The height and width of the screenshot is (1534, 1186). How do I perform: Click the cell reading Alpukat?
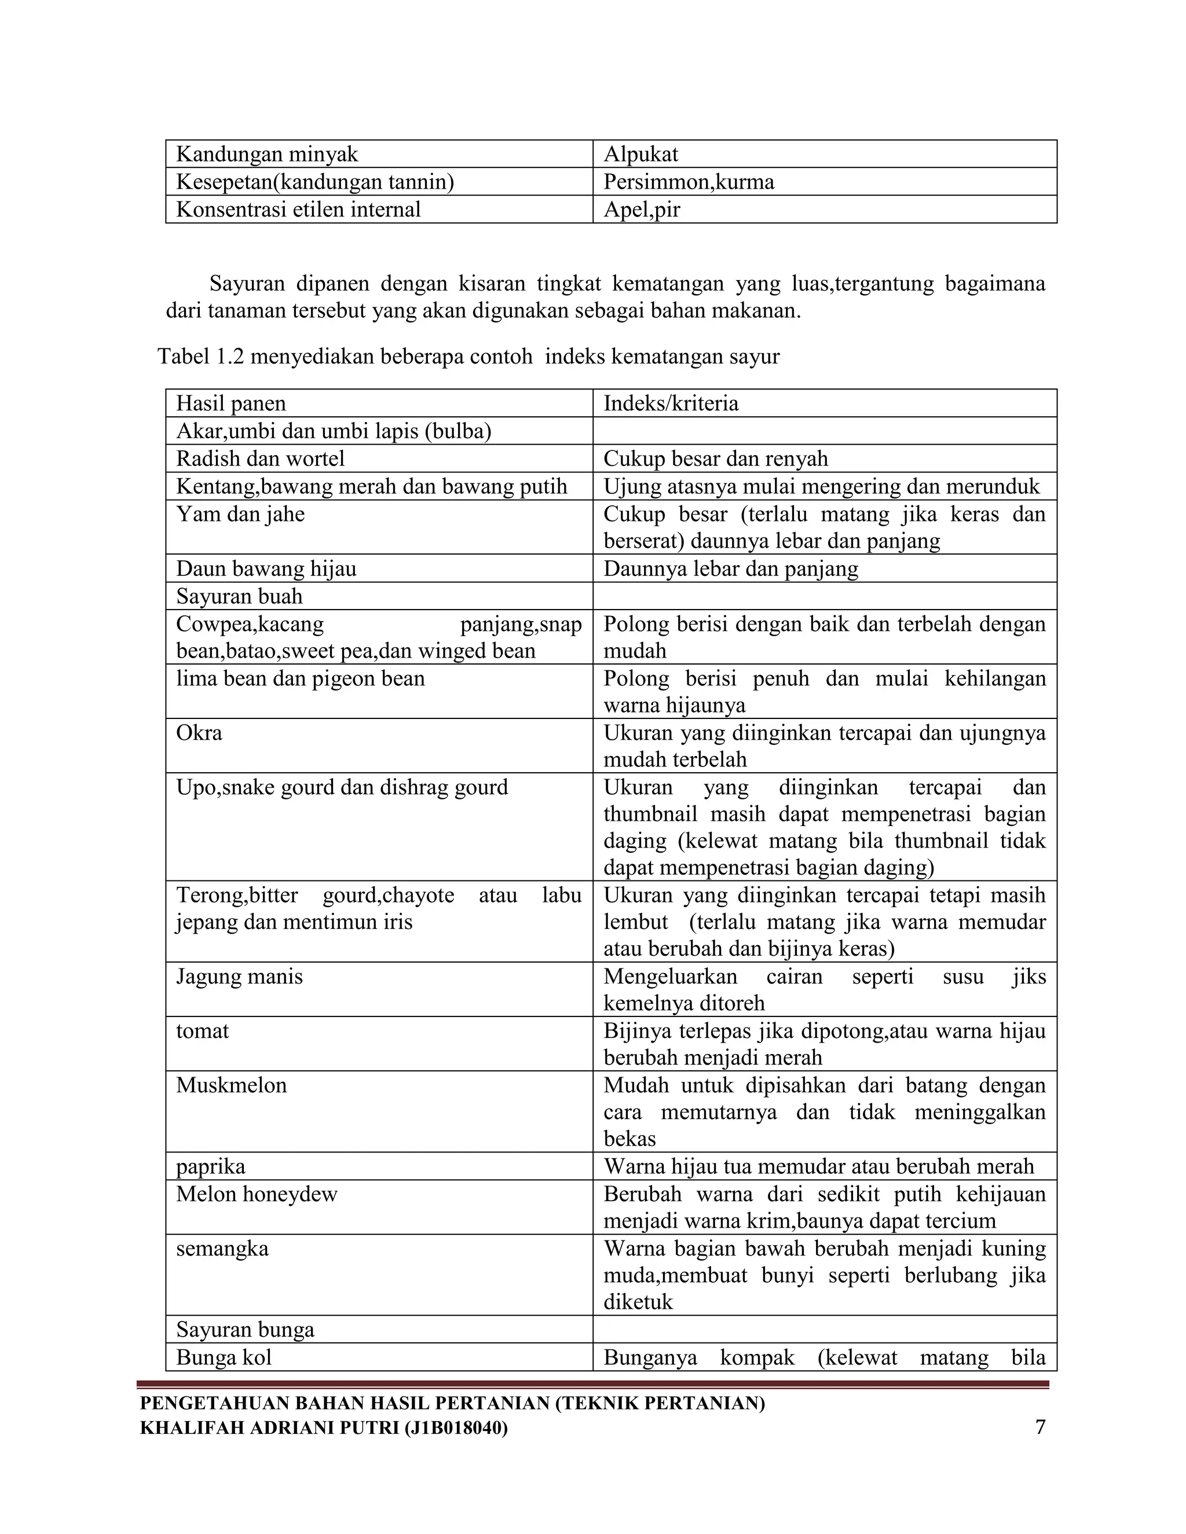click(x=641, y=154)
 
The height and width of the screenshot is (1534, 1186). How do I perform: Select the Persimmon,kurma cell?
click(x=689, y=182)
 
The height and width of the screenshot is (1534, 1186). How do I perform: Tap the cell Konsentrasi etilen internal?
click(x=298, y=210)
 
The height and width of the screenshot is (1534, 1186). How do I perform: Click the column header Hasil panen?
click(x=230, y=403)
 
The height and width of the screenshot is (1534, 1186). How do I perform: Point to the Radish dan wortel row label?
click(x=260, y=458)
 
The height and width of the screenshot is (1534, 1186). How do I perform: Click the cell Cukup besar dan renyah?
click(x=715, y=458)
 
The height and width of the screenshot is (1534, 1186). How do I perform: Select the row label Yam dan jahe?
click(x=240, y=514)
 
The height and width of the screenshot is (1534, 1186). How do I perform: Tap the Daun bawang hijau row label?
click(x=266, y=568)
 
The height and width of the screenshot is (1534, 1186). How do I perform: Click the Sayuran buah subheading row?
click(x=239, y=596)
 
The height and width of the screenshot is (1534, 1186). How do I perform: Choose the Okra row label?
click(x=199, y=733)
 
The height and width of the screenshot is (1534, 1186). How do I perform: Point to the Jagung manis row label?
click(x=239, y=977)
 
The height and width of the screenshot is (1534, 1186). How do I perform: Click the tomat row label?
click(x=202, y=1030)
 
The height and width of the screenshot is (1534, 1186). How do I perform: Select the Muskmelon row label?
click(x=231, y=1085)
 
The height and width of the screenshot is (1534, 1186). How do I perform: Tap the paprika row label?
click(x=210, y=1166)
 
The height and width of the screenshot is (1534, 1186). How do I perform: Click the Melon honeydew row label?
click(x=257, y=1194)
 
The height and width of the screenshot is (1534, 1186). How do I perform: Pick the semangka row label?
click(x=222, y=1249)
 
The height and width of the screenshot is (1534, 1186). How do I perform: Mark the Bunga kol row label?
click(x=224, y=1357)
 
